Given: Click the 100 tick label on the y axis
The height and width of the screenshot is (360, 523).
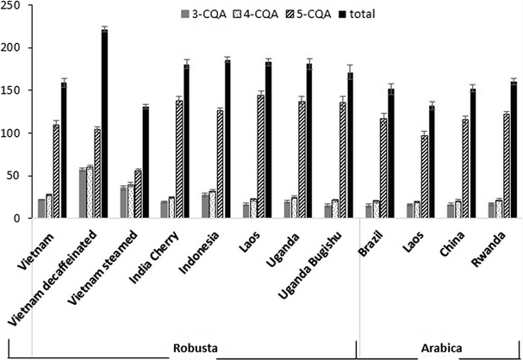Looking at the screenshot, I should point(16,133).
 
